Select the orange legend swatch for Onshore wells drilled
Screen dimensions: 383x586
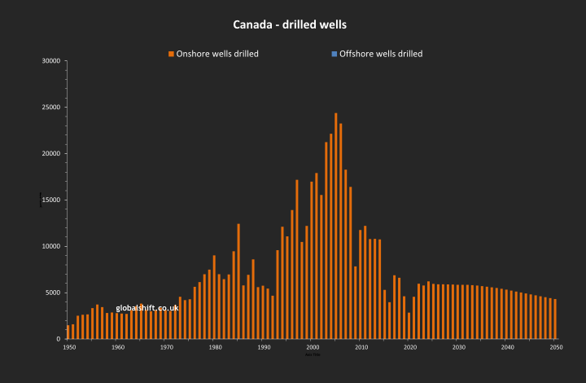tap(171, 54)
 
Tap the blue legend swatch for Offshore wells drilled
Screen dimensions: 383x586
tap(335, 54)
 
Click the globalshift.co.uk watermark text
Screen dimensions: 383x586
tap(147, 308)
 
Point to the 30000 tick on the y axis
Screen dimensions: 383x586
tap(51, 60)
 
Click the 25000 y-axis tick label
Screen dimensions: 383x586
tap(51, 107)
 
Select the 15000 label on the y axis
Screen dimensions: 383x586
tap(51, 200)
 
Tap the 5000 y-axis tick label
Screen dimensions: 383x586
tap(54, 293)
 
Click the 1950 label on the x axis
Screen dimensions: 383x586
tap(69, 347)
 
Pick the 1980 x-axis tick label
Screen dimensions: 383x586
tap(215, 347)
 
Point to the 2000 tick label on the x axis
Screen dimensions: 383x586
tap(313, 347)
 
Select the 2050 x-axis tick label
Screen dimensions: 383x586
tap(556, 347)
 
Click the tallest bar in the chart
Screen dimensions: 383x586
tap(336, 226)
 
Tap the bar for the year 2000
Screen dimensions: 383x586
tap(312, 260)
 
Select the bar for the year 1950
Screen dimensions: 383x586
tap(68, 332)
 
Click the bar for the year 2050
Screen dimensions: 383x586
tap(555, 319)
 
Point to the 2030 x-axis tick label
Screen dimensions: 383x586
tap(458, 347)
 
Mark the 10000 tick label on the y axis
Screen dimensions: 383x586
tap(51, 246)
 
